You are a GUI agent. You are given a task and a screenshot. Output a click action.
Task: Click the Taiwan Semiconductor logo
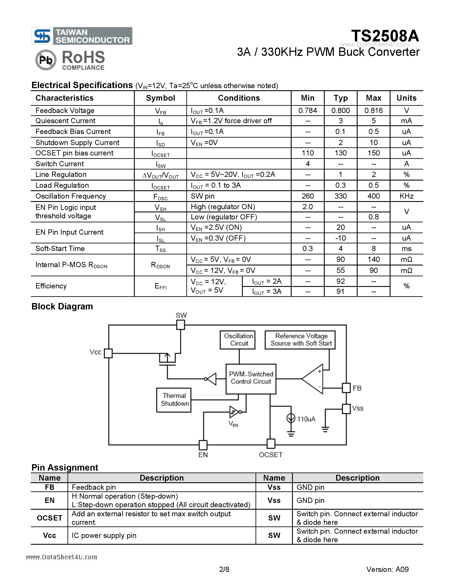click(x=82, y=36)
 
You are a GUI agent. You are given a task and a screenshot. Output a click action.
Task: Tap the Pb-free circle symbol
click(x=46, y=60)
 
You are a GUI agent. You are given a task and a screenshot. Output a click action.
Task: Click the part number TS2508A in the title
click(x=385, y=36)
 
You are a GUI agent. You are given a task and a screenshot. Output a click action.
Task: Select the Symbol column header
click(x=160, y=98)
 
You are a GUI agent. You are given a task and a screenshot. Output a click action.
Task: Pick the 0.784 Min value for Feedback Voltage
click(x=308, y=110)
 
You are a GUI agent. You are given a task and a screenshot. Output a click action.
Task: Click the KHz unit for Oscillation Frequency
click(x=406, y=196)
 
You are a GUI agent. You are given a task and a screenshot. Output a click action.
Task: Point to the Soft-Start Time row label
click(x=60, y=249)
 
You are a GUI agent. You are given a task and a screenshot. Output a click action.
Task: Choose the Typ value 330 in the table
click(x=340, y=196)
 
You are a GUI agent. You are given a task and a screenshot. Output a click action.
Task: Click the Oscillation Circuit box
click(x=237, y=340)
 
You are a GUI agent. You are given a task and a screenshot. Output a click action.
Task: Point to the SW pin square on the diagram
click(x=181, y=325)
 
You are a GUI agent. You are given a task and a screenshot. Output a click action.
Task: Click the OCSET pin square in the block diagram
click(x=271, y=444)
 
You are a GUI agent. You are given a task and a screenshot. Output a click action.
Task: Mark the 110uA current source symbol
click(x=291, y=418)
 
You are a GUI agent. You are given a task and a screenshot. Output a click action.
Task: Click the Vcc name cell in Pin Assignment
click(x=49, y=536)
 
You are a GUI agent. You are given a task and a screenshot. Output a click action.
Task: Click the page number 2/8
click(x=224, y=570)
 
